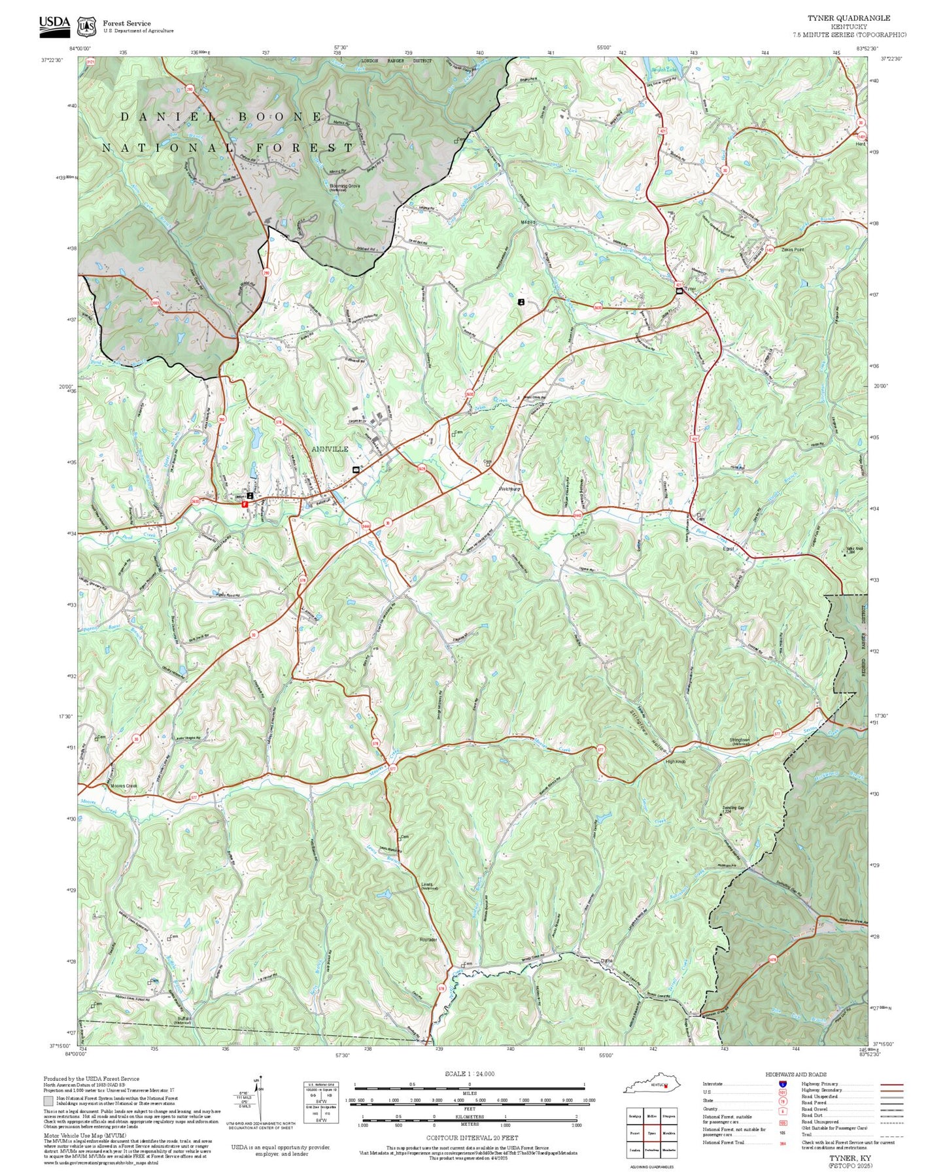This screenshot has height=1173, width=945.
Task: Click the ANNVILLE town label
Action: tap(330, 449)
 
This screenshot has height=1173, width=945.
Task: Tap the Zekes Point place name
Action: tap(792, 250)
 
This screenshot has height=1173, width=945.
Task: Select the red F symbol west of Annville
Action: tap(245, 505)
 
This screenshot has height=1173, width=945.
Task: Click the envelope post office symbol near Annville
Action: tap(356, 470)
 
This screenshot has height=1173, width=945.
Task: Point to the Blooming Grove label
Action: tap(345, 186)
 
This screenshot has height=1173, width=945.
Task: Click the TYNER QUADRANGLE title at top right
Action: tap(848, 18)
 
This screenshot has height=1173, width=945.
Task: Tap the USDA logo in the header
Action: tap(54, 24)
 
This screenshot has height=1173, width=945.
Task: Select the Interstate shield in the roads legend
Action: tap(782, 1084)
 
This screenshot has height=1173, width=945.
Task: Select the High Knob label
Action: tap(675, 762)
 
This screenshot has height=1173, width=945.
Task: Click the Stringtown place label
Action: tap(740, 740)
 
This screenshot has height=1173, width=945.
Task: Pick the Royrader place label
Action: tap(428, 940)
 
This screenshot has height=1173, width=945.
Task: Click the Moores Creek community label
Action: tap(123, 786)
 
